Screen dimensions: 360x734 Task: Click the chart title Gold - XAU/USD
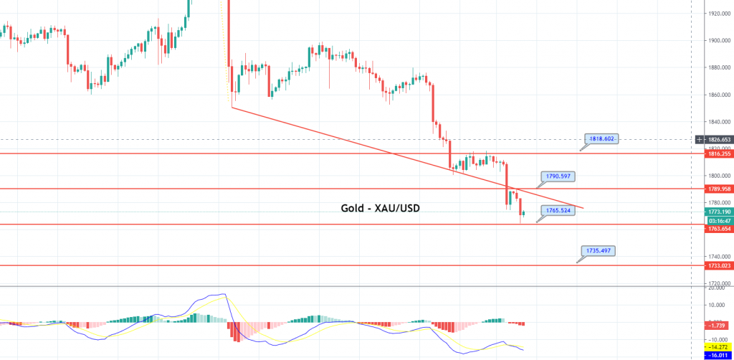tap(379, 209)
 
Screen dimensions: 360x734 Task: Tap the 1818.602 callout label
tap(600, 139)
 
